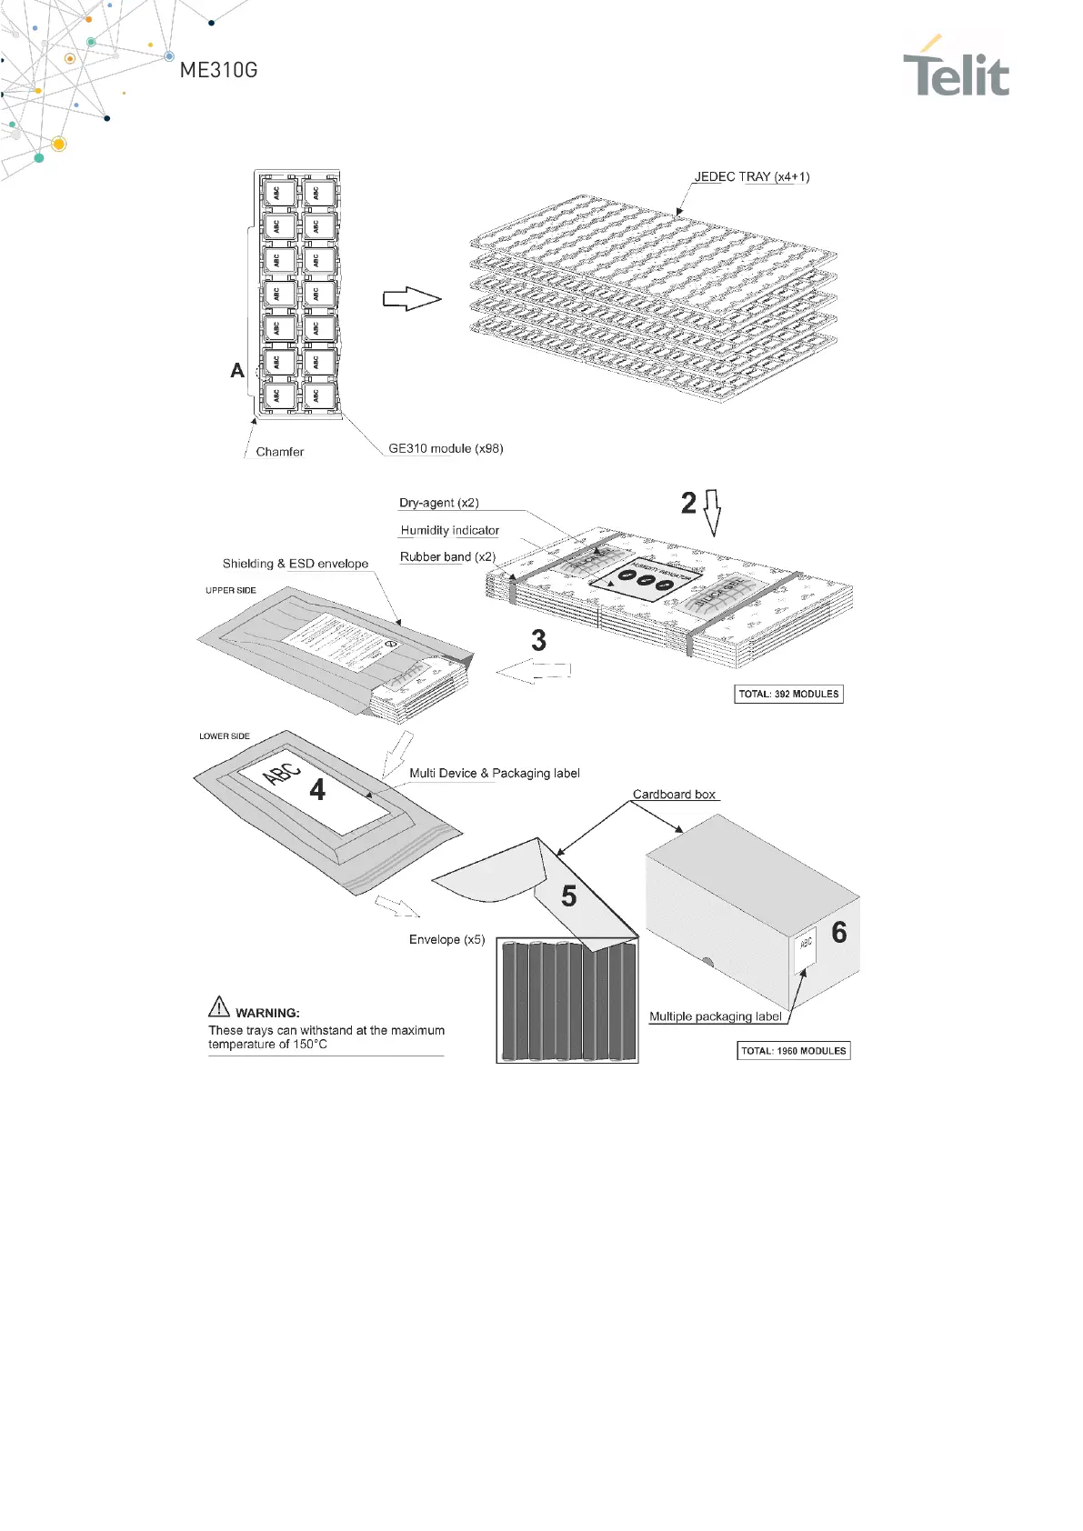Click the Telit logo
click(956, 68)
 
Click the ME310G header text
click(218, 70)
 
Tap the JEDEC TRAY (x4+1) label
click(751, 176)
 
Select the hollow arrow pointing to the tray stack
click(411, 298)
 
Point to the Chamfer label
click(279, 452)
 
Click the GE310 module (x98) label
click(446, 448)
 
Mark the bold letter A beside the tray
click(237, 370)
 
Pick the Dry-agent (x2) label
click(438, 503)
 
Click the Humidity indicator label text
click(449, 530)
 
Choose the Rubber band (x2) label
click(447, 556)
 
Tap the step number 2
click(689, 503)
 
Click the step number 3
click(538, 641)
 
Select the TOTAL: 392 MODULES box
click(788, 694)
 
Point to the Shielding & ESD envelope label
click(296, 564)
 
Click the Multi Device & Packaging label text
click(494, 773)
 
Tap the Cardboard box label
click(674, 795)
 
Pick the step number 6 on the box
click(839, 932)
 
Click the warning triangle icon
click(219, 1006)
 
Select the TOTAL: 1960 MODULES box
click(793, 1051)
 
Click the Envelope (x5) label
click(446, 939)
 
